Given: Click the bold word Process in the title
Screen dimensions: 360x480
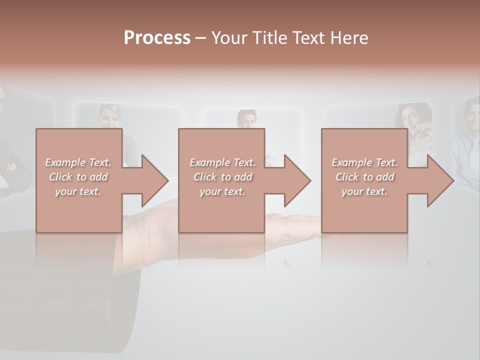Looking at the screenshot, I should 157,38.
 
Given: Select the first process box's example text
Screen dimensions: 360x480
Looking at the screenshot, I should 78,177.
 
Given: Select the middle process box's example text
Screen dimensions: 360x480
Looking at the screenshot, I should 222,177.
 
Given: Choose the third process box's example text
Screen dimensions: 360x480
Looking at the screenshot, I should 364,177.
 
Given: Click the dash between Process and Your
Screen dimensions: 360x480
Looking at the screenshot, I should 200,38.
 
